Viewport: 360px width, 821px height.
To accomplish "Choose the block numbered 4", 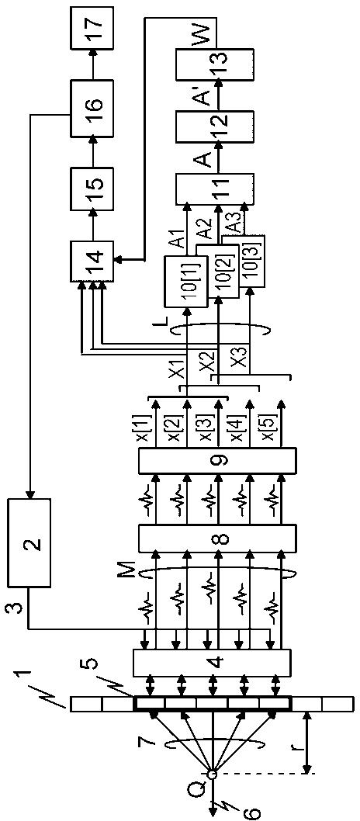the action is click(212, 662).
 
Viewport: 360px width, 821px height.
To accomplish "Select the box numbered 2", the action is click(29, 542).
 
